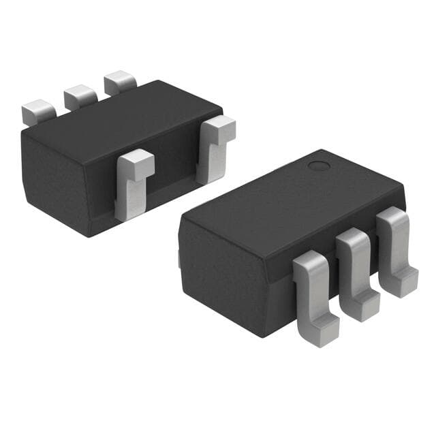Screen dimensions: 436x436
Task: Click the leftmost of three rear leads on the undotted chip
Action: point(38,111)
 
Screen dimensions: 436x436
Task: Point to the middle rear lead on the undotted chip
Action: point(80,97)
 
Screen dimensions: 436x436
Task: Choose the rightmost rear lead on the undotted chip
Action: point(120,82)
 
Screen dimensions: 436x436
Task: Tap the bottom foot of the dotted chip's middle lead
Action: point(364,307)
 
